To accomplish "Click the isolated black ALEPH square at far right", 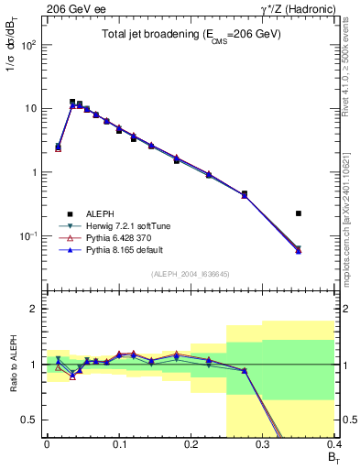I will tap(299, 213).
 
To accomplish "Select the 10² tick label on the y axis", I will tap(29, 45).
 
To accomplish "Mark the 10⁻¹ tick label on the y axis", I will tap(29, 236).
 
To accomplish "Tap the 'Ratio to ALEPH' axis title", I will tap(14, 365).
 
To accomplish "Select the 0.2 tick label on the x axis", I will tap(191, 444).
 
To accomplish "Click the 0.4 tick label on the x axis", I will tap(333, 444).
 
